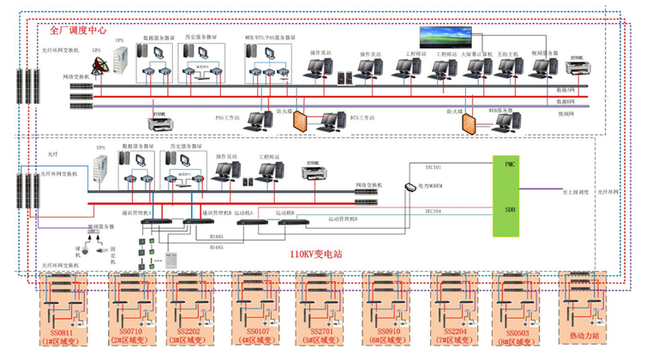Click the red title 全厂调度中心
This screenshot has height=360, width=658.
coord(78,29)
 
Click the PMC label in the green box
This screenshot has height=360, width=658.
coord(511,163)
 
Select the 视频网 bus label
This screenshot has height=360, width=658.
coord(565,113)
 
